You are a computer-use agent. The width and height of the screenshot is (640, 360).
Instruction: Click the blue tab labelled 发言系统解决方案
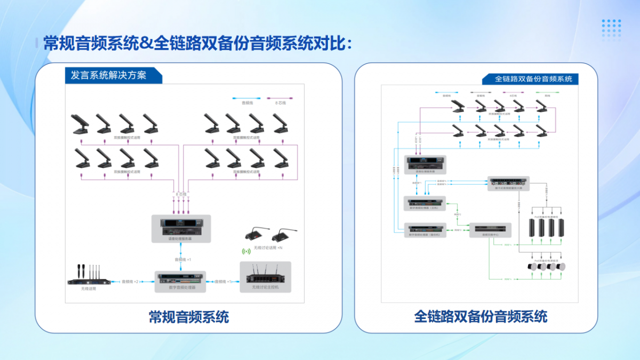[x=113, y=75]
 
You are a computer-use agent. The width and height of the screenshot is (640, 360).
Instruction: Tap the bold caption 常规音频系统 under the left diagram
[x=189, y=317]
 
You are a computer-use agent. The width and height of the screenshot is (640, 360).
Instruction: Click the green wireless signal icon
[x=246, y=251]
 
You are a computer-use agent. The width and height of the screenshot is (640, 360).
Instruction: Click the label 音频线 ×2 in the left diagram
[x=130, y=282]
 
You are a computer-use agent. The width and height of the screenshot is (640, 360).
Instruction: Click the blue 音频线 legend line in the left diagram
[x=245, y=99]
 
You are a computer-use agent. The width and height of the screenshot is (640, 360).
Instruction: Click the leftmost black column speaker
[x=531, y=228]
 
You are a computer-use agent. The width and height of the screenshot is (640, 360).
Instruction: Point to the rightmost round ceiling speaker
[x=561, y=267]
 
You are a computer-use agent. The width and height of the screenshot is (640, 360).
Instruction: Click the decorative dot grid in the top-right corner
[x=611, y=29]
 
